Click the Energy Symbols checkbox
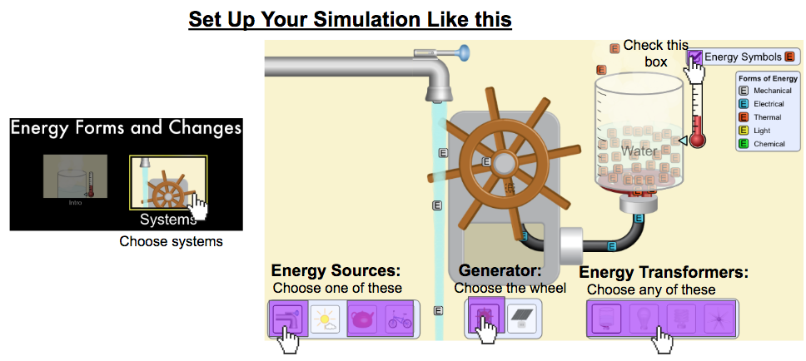694,57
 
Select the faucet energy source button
286,319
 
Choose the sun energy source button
324,319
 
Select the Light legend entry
761,131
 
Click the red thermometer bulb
697,139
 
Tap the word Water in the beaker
639,151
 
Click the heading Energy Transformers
663,273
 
